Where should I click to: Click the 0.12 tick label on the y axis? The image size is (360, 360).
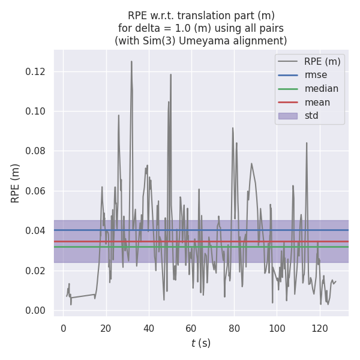38,72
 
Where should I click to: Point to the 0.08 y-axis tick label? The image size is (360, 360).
38,151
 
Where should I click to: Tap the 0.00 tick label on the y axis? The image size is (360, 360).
38,310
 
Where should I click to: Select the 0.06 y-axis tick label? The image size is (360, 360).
38,191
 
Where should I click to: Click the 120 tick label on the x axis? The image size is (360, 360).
320,328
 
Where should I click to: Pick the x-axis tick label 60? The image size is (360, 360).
191,328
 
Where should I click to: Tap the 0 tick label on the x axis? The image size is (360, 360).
63,328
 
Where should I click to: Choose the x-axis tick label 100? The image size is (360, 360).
277,328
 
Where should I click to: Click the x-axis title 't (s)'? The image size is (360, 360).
201,343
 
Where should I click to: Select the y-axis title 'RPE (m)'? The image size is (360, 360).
16,183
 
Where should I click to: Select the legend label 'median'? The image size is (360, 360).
321,89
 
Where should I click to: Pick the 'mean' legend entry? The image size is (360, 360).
317,102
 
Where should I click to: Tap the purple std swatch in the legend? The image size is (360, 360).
287,116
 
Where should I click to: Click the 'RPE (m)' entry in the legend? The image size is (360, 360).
322,61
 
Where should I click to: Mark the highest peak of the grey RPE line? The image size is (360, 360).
131,61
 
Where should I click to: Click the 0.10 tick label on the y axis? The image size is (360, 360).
38,112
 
